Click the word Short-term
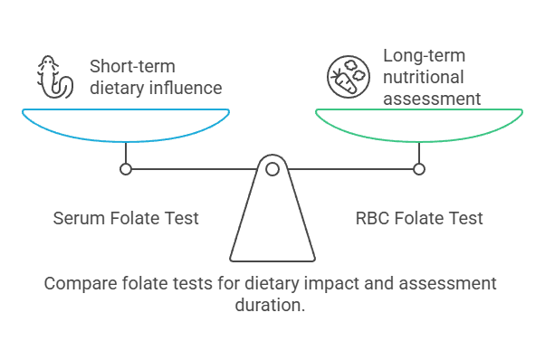pos(132,66)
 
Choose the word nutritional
pos(424,78)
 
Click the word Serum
pos(77,218)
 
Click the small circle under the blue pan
pos(126,169)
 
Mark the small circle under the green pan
pos(418,169)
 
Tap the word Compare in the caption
pos(78,284)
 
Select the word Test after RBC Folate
pos(465,218)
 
